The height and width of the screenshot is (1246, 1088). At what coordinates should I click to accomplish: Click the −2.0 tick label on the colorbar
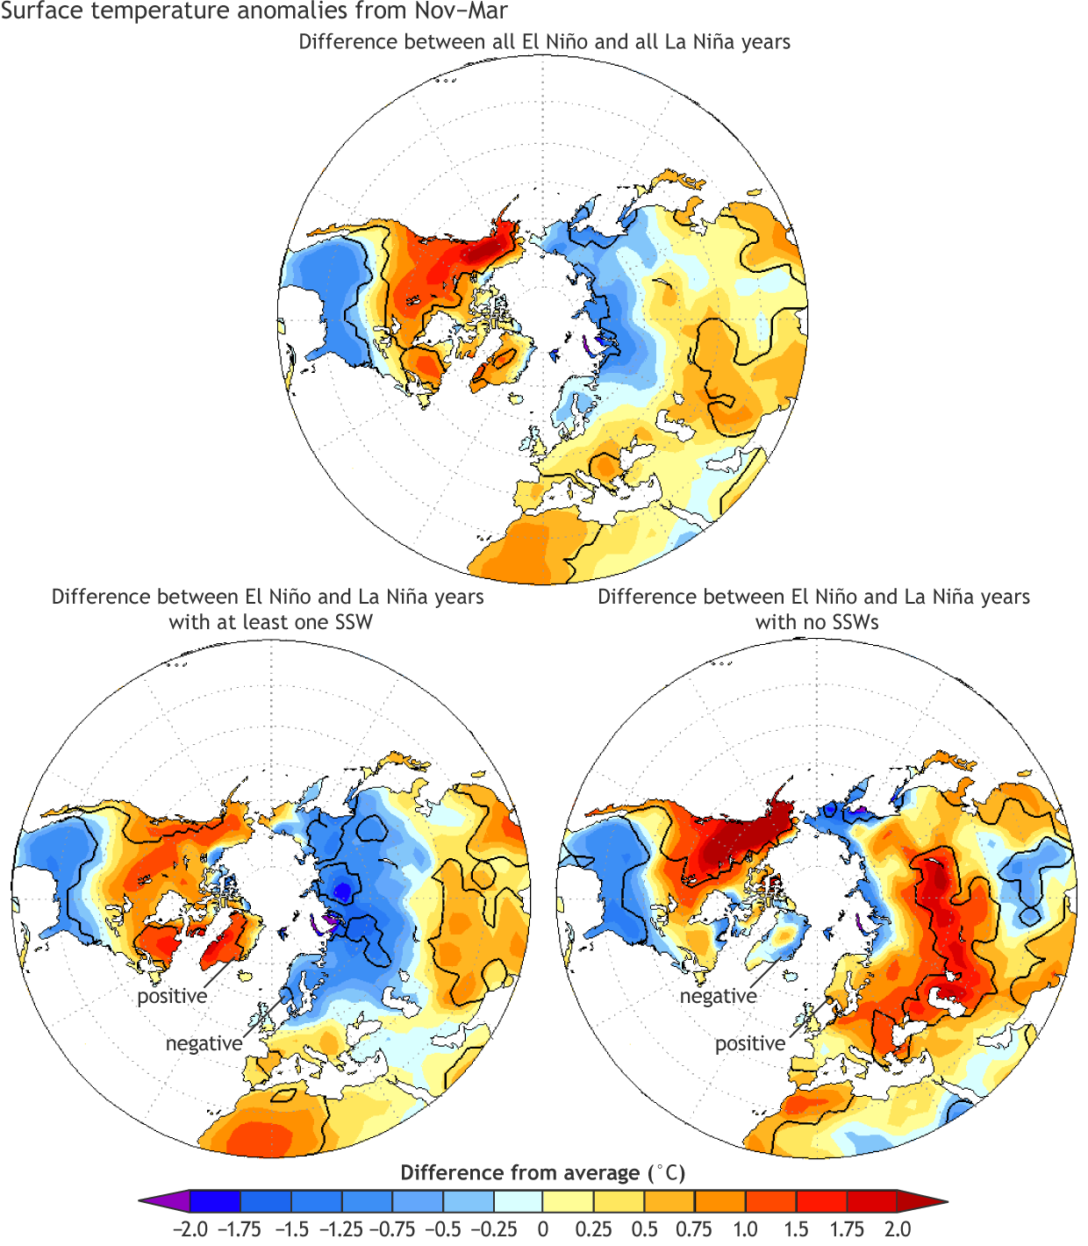(x=190, y=1228)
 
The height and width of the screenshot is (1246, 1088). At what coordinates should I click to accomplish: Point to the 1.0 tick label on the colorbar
(x=746, y=1228)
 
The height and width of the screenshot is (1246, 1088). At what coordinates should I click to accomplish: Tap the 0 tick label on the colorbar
(x=543, y=1228)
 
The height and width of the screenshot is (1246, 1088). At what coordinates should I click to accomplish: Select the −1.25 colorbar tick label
(x=340, y=1228)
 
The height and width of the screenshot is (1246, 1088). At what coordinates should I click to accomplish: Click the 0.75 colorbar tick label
(x=694, y=1228)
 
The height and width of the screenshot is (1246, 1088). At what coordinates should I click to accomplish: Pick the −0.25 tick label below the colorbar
(x=493, y=1228)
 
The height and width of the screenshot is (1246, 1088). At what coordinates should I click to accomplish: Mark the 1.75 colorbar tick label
(x=847, y=1228)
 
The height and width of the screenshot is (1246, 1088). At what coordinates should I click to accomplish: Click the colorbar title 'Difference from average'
(x=520, y=1173)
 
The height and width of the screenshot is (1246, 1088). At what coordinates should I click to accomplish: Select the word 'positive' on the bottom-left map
(x=172, y=996)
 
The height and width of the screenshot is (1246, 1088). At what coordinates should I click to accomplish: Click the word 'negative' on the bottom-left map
(x=204, y=1043)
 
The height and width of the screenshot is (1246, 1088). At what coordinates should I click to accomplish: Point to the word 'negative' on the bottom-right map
(x=718, y=996)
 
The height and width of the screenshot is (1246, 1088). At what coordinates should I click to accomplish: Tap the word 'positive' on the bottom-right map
(x=750, y=1043)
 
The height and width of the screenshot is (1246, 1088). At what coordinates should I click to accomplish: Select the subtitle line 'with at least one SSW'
(x=270, y=622)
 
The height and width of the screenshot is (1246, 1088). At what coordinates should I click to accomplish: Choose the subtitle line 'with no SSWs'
(x=817, y=622)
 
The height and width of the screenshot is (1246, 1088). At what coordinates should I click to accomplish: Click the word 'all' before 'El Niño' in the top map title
(x=503, y=42)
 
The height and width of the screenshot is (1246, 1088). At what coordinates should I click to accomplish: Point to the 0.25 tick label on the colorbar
(x=593, y=1228)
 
